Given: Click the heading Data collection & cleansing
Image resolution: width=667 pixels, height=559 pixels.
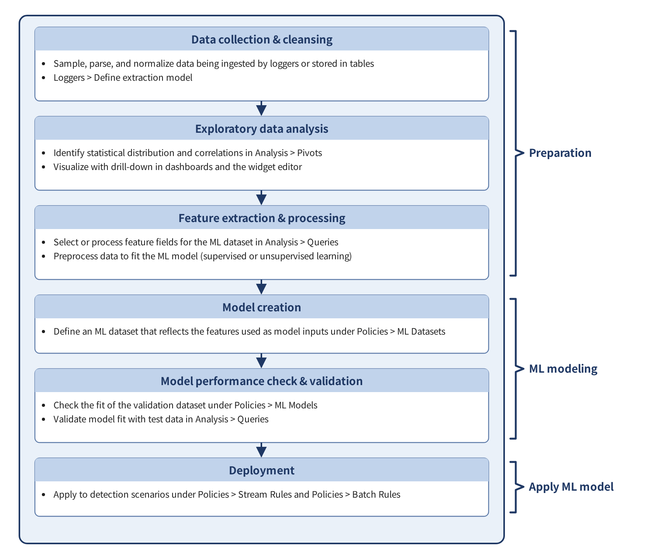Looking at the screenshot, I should coord(262,40).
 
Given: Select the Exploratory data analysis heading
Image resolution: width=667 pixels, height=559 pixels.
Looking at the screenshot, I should coord(262,129).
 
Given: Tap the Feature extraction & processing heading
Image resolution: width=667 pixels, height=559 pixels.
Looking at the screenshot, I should coord(262,218).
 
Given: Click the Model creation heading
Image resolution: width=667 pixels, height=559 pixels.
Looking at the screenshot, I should coord(262,307).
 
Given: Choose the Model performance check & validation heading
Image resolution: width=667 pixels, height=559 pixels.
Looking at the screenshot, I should coord(262,381).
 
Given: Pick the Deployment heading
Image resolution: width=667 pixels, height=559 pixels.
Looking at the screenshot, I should coord(262,470).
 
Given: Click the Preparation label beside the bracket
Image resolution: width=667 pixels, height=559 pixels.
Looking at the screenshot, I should coord(560,153).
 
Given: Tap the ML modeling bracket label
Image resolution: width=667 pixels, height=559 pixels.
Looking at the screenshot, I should coord(563,369).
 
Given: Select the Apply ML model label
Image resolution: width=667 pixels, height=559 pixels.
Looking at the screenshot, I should coord(571,487).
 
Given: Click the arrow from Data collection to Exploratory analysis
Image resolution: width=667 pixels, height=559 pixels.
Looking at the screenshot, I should coord(262,109).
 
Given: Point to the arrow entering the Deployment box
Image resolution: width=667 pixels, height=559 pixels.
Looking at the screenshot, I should coord(262,451).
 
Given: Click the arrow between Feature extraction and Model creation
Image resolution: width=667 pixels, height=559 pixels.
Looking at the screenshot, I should coord(262,288).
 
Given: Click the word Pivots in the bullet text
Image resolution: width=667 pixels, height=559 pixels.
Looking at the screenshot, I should coord(309,153).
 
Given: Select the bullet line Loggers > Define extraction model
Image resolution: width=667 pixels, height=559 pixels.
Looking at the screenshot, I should coord(123,78).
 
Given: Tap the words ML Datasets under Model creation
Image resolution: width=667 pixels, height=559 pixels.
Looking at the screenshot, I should coord(421,332).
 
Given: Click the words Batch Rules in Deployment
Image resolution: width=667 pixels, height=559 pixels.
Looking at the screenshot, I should coord(376,495).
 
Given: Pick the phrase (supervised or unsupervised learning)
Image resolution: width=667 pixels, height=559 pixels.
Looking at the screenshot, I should coord(276,256).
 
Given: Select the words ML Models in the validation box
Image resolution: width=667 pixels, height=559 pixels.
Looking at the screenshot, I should coord(296,405).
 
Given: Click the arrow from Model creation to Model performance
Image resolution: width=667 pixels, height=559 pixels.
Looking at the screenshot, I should coord(262,361).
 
